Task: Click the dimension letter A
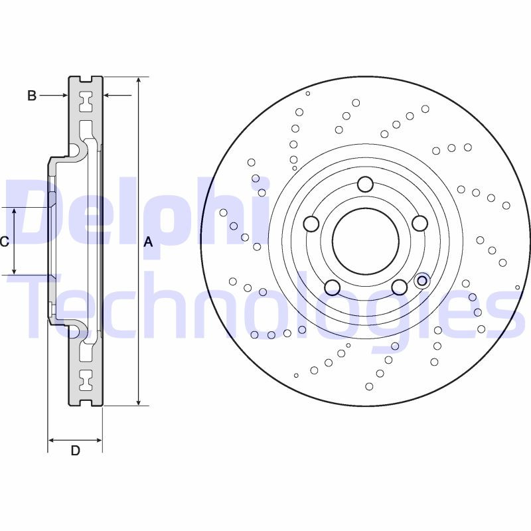[x=149, y=242]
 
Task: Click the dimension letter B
[x=31, y=96]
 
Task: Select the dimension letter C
[x=4, y=242]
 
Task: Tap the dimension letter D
[x=76, y=451]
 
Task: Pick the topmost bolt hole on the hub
[x=365, y=185]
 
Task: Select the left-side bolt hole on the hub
[x=311, y=224]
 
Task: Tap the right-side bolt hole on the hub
[x=419, y=224]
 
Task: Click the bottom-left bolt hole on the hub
[x=332, y=287]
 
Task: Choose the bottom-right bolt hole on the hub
[x=398, y=287]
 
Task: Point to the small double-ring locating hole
[x=421, y=281]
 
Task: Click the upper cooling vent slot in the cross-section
[x=85, y=103]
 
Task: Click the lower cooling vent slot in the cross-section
[x=85, y=380]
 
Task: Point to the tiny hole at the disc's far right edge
[x=518, y=287]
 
